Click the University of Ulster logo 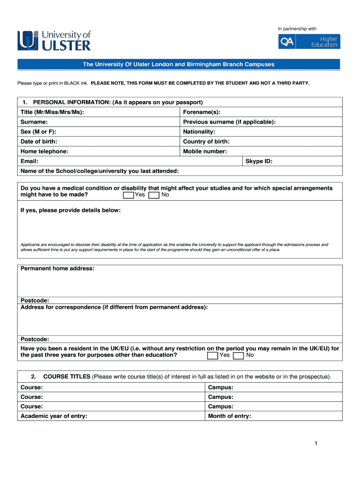point(54,40)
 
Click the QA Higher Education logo point(309,42)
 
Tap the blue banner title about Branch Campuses point(179,64)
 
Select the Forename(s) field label point(202,112)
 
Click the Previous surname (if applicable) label point(229,122)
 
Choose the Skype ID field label point(259,161)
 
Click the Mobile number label point(205,152)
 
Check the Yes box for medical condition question point(128,195)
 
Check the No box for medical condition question point(154,195)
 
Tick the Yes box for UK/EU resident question point(213,356)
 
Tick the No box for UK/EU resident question point(238,356)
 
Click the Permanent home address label point(58,269)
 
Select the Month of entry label point(229,416)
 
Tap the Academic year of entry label point(54,416)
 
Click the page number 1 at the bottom point(316,443)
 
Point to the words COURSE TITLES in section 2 point(67,377)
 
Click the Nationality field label point(199,132)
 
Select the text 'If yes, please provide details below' point(71,210)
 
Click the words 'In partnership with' point(297,29)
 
